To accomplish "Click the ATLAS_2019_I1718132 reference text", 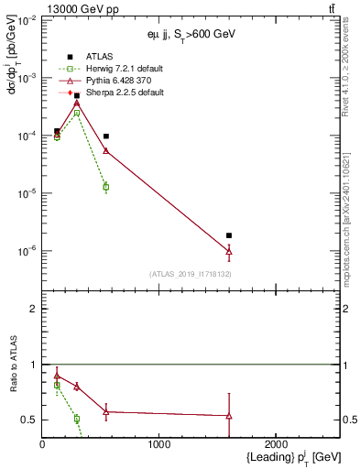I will (x=190, y=274).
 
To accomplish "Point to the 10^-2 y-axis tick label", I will (x=25, y=20).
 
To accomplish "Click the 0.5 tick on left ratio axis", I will (x=28, y=420).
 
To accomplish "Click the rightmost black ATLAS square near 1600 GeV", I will (x=229, y=235).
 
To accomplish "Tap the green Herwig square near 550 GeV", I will (x=106, y=187).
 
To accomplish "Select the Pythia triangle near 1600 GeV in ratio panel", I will (x=229, y=416).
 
